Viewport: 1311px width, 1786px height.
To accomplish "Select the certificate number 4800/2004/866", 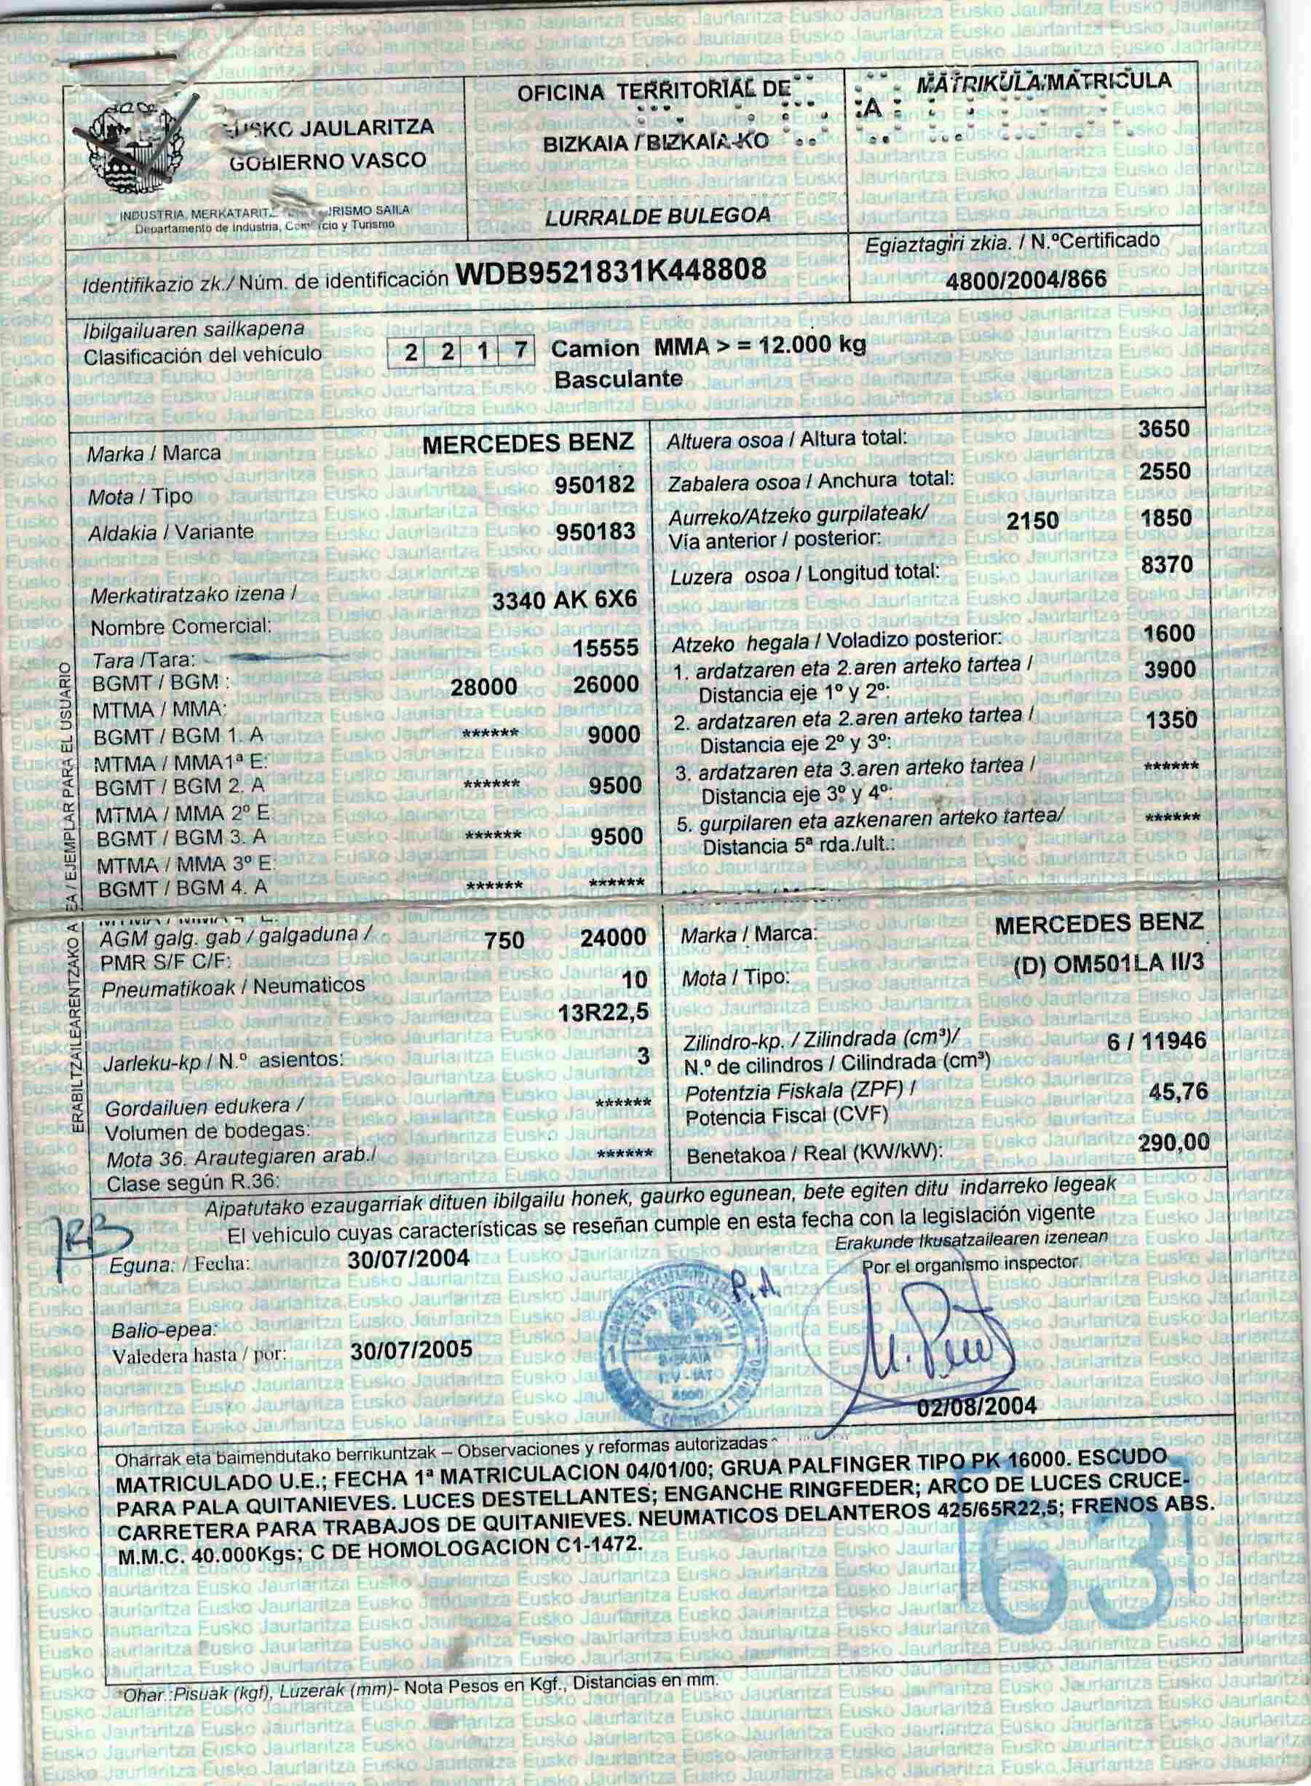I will click(x=1026, y=280).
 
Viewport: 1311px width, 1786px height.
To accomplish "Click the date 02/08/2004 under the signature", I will click(x=977, y=1405).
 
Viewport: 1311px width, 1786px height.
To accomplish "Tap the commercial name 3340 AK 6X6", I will click(x=564, y=601).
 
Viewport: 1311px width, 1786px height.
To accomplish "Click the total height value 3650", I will click(x=1164, y=430).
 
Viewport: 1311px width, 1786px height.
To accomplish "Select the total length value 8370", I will click(x=1165, y=564).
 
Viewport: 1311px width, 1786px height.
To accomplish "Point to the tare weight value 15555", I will click(x=606, y=649).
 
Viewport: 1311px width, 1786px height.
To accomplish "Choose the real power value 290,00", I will click(x=1173, y=1143).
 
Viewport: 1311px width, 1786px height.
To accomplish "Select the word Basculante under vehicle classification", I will click(x=618, y=379).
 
